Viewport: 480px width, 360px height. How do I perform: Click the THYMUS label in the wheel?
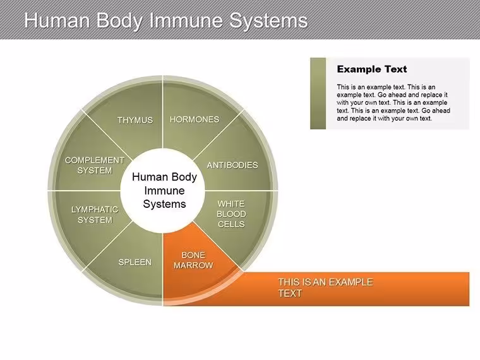click(135, 120)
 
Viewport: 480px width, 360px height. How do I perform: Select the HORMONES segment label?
click(195, 119)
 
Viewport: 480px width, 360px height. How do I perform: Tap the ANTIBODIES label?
click(232, 165)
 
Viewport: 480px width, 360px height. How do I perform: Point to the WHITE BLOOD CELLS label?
click(231, 214)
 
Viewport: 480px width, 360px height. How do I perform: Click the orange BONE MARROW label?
click(193, 260)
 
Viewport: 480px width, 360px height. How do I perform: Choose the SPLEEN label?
click(135, 262)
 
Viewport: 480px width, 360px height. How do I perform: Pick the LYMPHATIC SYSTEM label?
click(95, 215)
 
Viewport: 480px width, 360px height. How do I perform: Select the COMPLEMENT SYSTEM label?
click(95, 165)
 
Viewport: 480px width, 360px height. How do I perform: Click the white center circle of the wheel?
click(162, 191)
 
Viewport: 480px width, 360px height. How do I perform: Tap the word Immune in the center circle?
click(164, 191)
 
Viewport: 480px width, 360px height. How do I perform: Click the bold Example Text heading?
click(372, 69)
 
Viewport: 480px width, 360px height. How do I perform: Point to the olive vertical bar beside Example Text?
click(318, 93)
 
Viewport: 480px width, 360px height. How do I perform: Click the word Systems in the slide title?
click(268, 21)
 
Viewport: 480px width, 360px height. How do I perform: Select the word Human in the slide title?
click(57, 20)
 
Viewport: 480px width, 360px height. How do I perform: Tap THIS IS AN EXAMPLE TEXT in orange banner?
click(325, 287)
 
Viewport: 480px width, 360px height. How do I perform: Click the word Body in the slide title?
click(120, 21)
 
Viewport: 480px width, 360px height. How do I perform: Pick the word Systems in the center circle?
click(164, 204)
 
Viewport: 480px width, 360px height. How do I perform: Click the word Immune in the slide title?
click(186, 20)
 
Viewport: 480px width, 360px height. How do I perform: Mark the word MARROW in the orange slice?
click(193, 265)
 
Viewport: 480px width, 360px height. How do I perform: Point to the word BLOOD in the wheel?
click(231, 214)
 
